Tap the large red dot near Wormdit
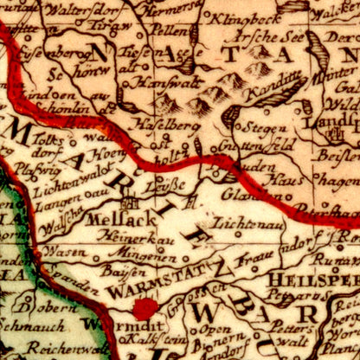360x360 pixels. [x=145, y=308]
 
